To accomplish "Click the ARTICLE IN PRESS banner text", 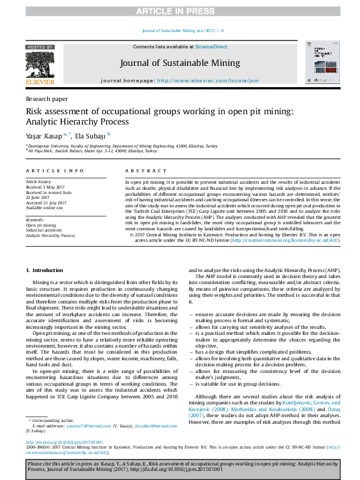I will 180,11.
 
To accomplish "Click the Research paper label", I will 47,99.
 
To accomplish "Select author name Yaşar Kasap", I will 44,135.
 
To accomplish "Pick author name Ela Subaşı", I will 90,135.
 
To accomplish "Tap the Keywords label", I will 34,219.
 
